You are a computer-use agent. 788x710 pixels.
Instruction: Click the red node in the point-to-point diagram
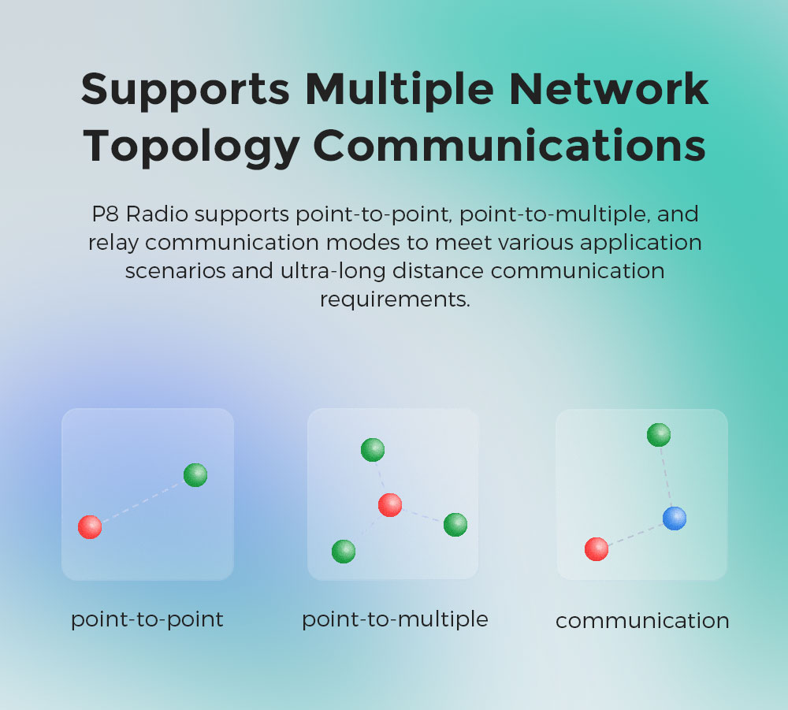coord(90,526)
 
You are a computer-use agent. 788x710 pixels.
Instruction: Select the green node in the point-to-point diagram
coord(195,475)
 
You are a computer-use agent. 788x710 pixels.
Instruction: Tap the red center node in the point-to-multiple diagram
coord(390,504)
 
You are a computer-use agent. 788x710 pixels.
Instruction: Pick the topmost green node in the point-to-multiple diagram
coord(373,450)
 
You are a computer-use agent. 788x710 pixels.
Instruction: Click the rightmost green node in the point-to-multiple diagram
coord(455,525)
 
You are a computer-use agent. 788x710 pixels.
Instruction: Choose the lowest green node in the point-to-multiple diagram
coord(344,552)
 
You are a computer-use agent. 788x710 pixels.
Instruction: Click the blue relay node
coord(675,519)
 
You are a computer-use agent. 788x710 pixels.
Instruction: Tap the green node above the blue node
coord(659,434)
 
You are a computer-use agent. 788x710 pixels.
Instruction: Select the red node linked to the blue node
coord(597,548)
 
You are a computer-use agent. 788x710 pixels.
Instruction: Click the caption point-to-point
coord(147,619)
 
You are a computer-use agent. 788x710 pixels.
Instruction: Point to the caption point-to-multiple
coord(395,619)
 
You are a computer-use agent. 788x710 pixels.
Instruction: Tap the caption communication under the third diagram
coord(642,621)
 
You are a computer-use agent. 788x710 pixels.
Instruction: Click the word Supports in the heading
coord(185,89)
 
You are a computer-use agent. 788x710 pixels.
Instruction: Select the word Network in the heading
coord(609,89)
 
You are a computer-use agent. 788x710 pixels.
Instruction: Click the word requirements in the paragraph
coord(394,299)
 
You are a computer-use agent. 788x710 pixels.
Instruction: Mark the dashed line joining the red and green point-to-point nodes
coord(143,501)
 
